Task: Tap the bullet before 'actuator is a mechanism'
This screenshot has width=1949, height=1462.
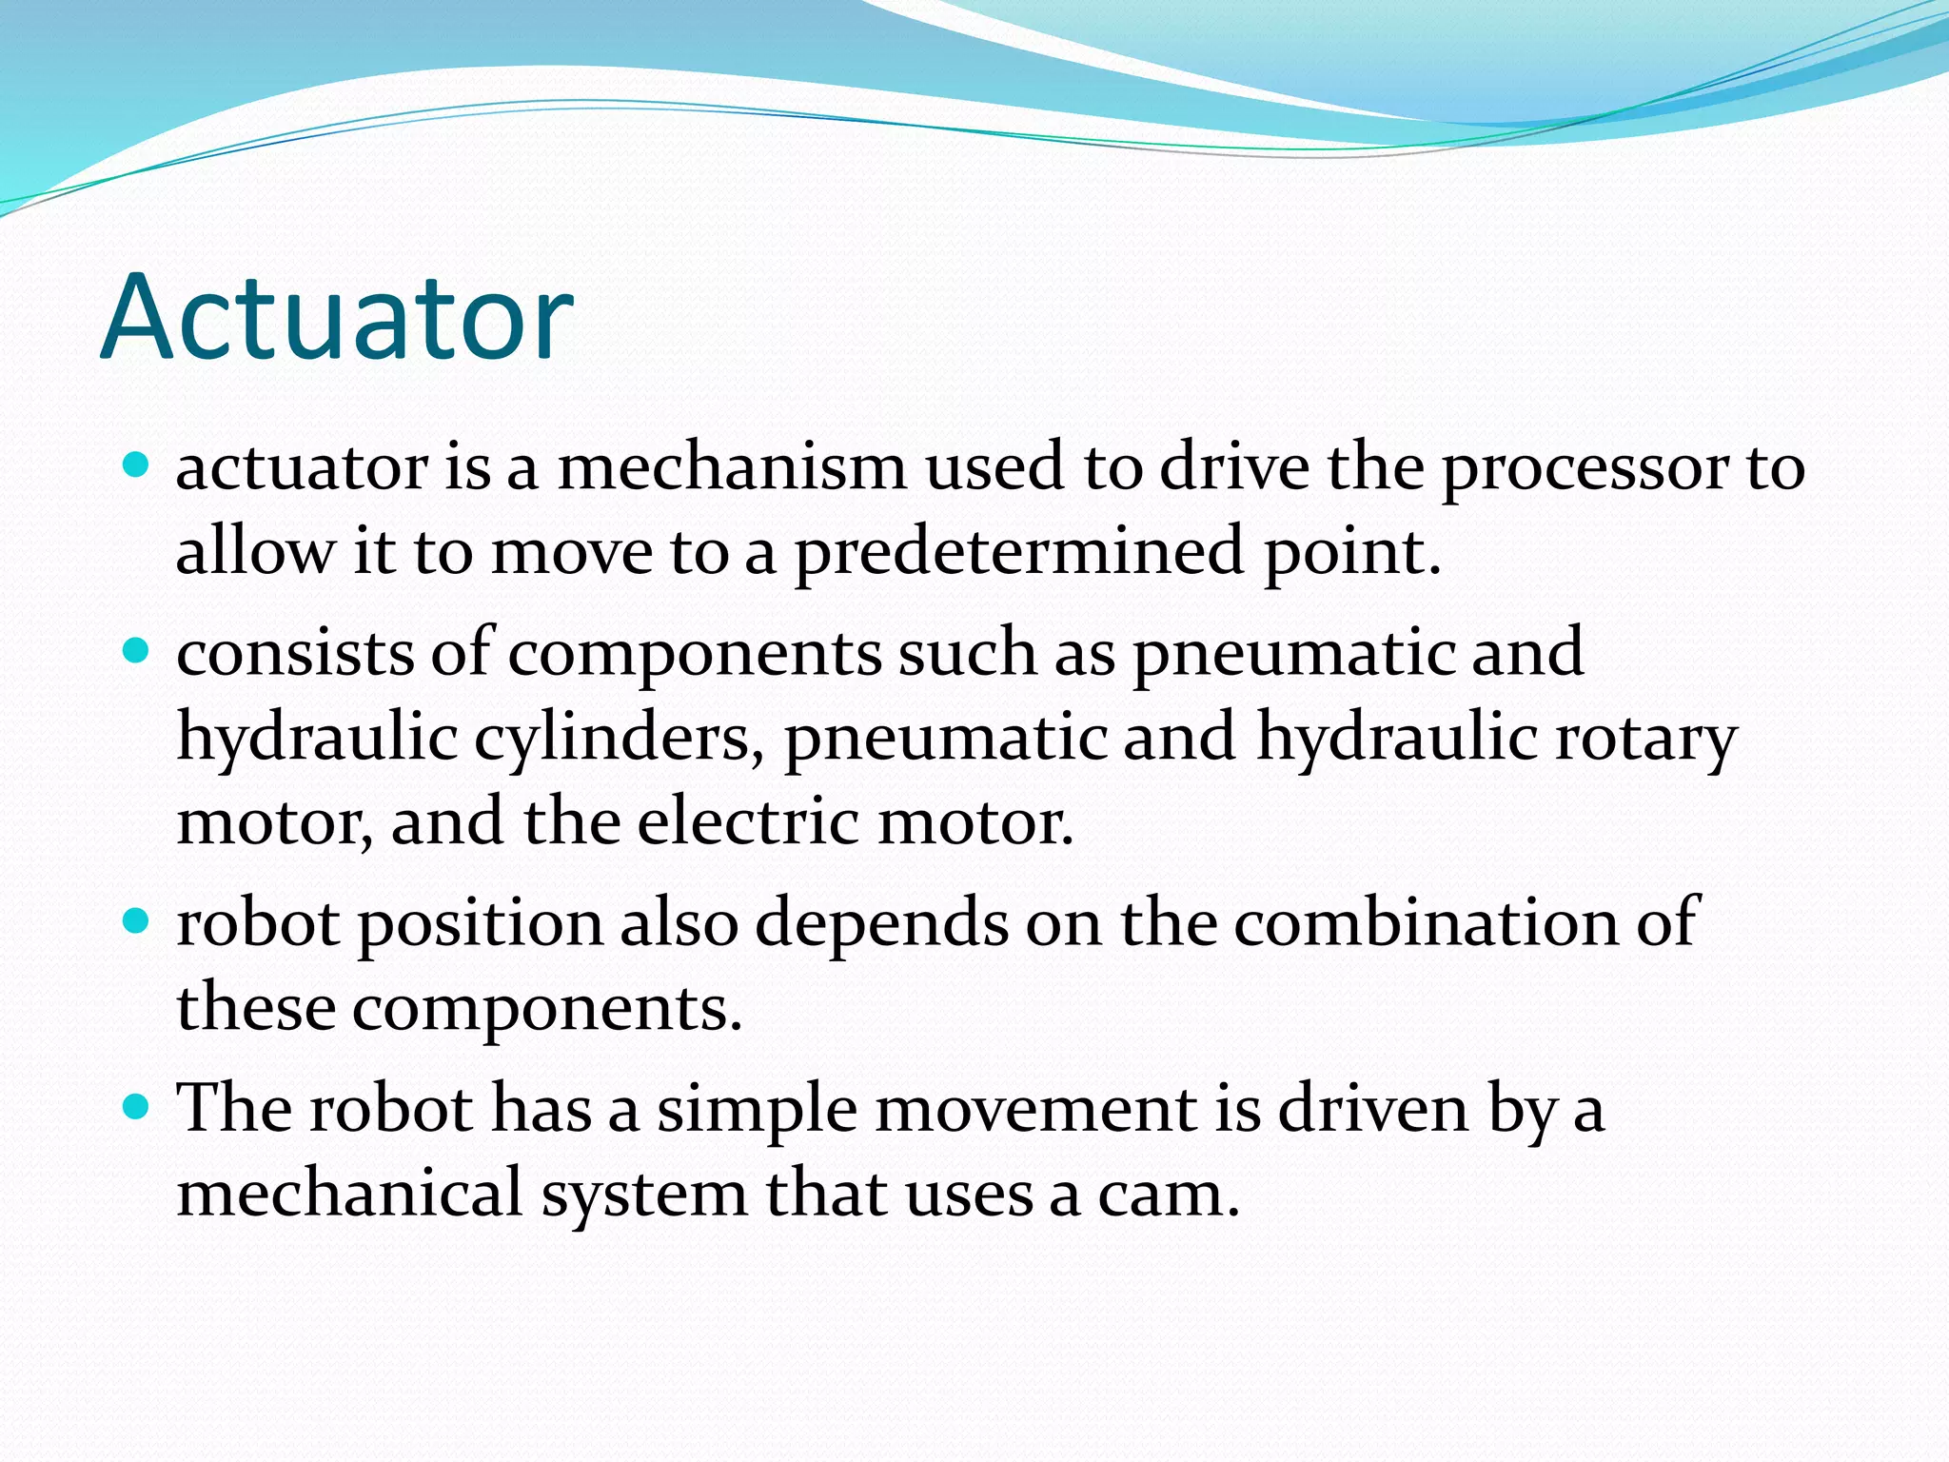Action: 137,465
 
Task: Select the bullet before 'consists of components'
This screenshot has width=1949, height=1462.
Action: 137,651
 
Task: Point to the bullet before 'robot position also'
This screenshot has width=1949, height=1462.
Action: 137,920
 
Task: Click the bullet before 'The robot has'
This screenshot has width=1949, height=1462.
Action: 137,1107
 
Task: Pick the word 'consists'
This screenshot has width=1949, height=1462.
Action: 295,653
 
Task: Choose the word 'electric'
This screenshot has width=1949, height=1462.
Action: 749,820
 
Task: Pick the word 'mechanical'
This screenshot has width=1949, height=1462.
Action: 350,1192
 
